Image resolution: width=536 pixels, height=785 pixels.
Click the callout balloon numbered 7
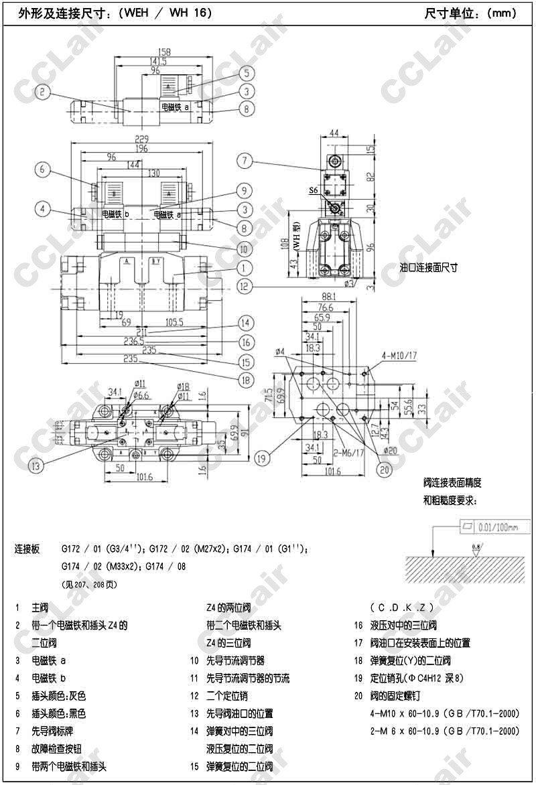pos(246,160)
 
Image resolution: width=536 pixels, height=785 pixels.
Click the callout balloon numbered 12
pos(246,287)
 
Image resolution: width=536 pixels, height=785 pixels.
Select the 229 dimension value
pos(141,139)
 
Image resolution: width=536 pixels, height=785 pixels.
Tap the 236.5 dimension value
pos(143,341)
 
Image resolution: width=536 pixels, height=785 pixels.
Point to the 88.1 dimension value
pos(328,296)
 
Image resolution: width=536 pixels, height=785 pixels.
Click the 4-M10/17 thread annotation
pos(399,355)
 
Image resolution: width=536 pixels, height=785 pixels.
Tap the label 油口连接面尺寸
pos(428,267)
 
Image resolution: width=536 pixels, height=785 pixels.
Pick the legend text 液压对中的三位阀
pos(403,626)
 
